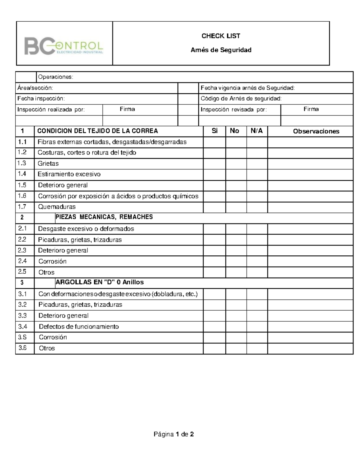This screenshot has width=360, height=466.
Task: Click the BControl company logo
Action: (x=64, y=46)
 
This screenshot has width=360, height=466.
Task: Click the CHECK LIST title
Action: (x=221, y=36)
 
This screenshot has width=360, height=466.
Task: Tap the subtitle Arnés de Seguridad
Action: (x=221, y=50)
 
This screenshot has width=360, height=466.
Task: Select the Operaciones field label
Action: (x=55, y=77)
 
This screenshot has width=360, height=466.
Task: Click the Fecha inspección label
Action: (x=41, y=99)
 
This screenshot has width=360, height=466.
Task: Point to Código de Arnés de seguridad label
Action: (x=241, y=99)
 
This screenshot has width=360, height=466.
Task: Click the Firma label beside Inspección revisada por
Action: (x=311, y=109)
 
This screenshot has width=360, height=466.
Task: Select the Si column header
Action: (x=214, y=131)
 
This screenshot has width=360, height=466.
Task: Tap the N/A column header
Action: (x=256, y=131)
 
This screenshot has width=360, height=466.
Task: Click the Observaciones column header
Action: (x=316, y=131)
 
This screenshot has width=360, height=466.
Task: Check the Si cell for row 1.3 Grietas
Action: (x=214, y=164)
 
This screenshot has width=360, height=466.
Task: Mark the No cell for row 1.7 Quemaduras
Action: (x=236, y=207)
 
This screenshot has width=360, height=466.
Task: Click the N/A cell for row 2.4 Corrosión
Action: (x=257, y=261)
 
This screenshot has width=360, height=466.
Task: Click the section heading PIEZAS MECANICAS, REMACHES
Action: (x=104, y=217)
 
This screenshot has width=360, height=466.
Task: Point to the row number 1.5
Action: (x=22, y=185)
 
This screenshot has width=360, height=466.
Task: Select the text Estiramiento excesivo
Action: (x=69, y=174)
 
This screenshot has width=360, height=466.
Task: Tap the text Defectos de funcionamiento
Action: (x=79, y=326)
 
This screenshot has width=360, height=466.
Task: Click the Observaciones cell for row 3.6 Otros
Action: (x=310, y=348)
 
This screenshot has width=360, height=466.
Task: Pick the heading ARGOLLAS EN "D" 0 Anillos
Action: (x=100, y=282)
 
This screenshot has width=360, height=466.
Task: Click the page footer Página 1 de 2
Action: (x=174, y=434)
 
